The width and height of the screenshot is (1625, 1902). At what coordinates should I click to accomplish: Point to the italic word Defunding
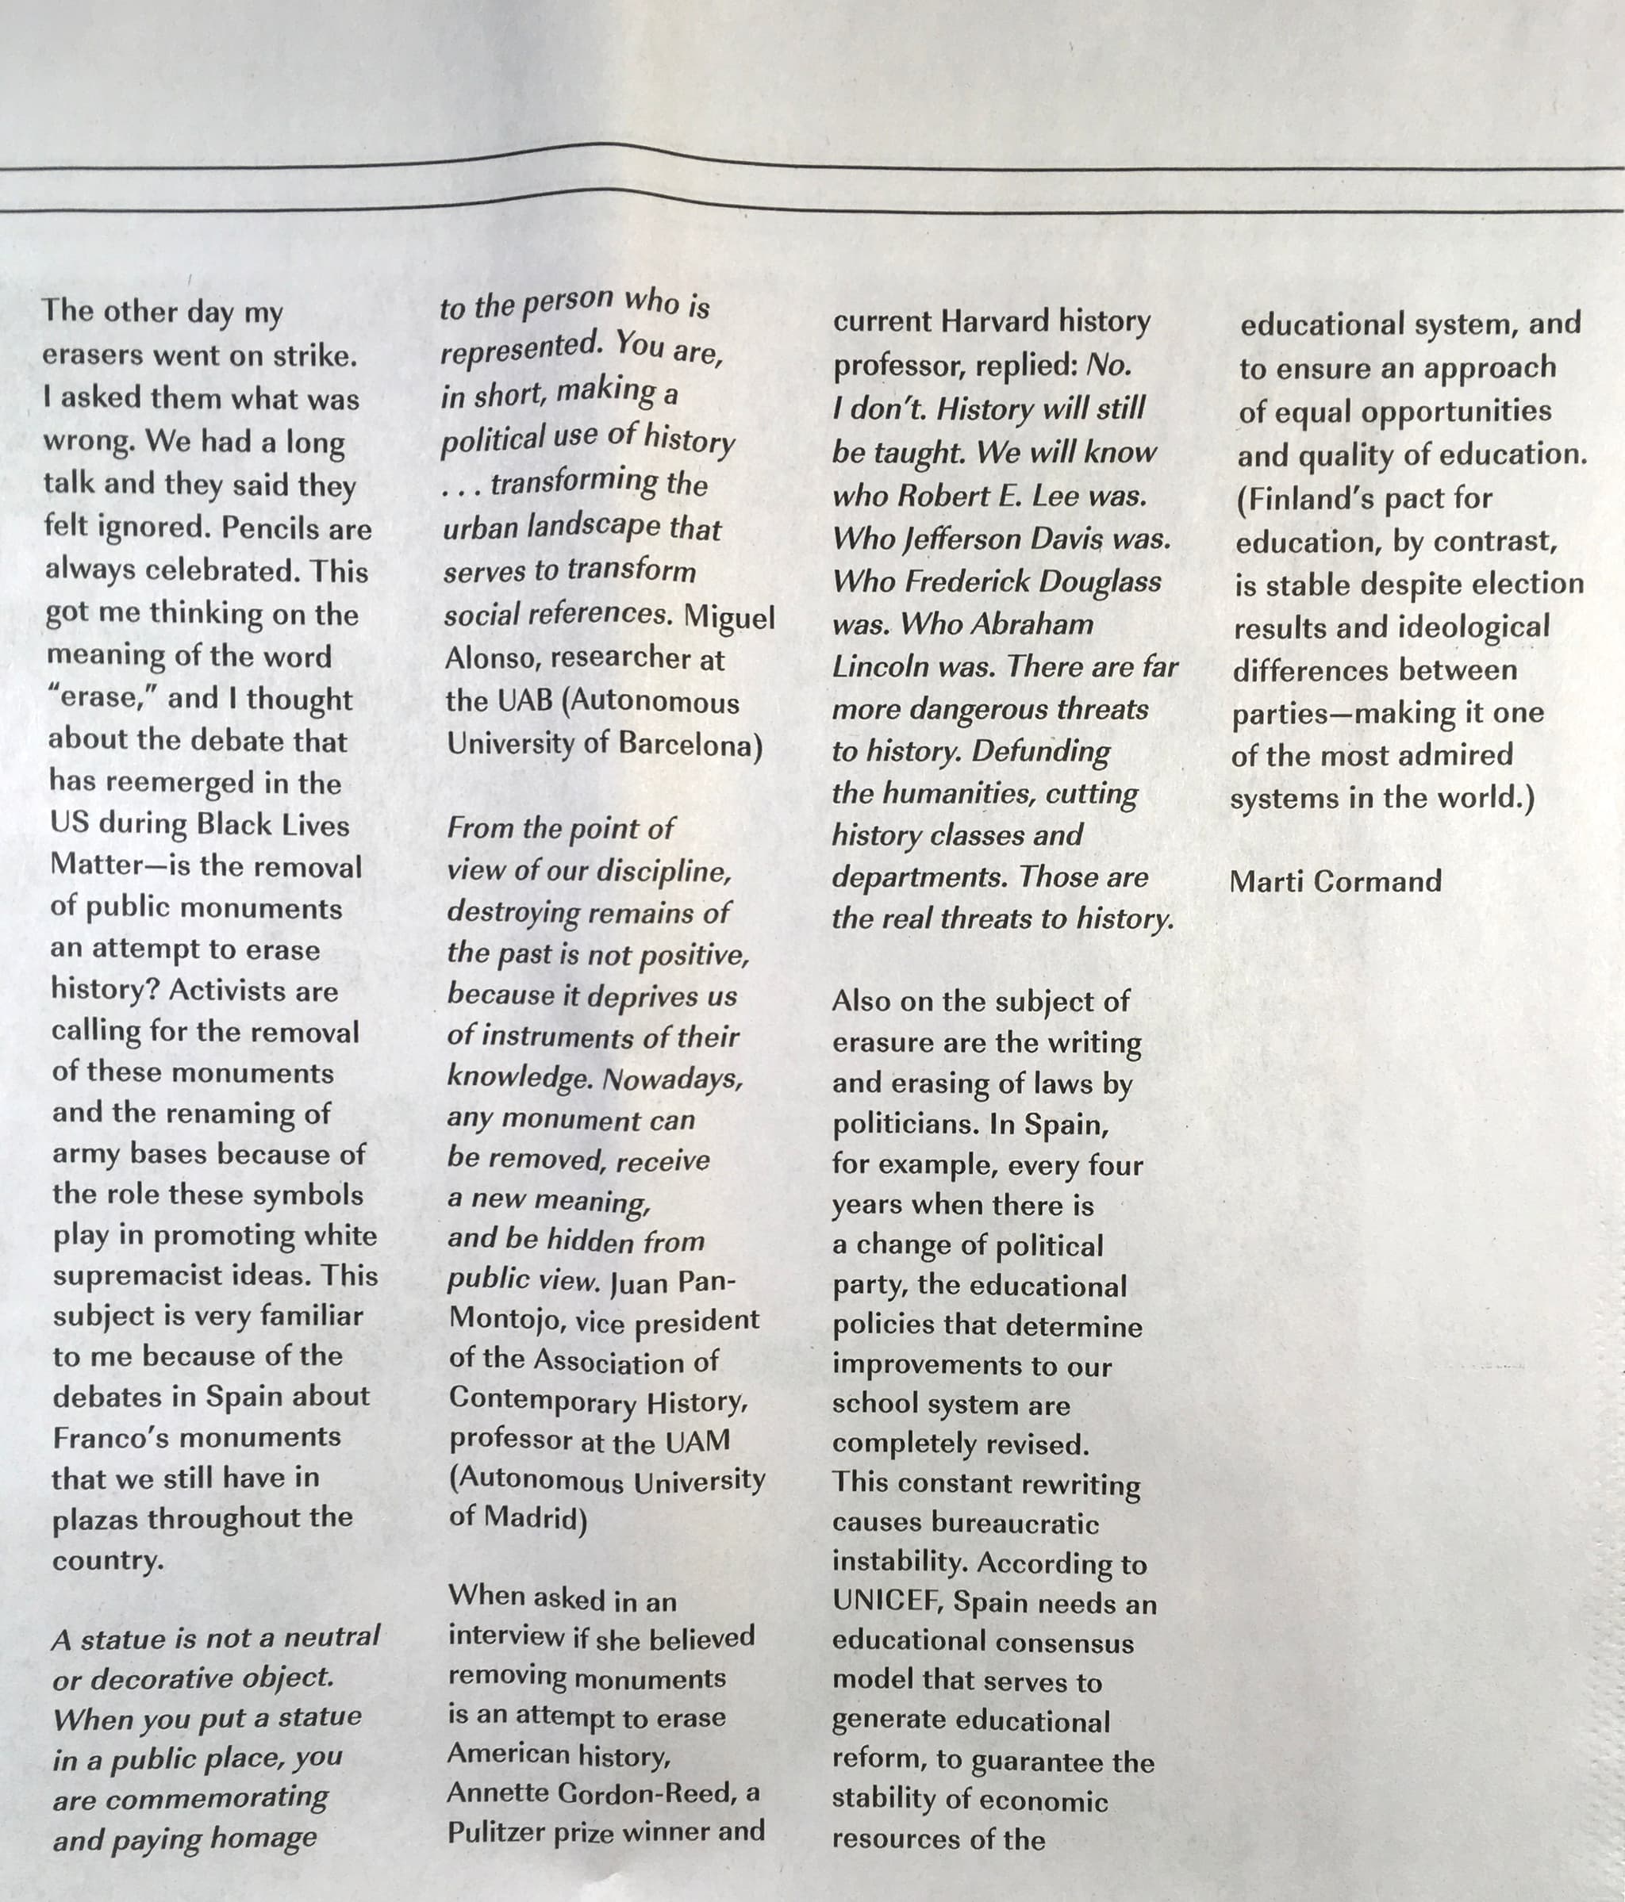point(1040,751)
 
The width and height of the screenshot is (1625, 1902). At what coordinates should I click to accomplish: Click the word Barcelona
point(691,745)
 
